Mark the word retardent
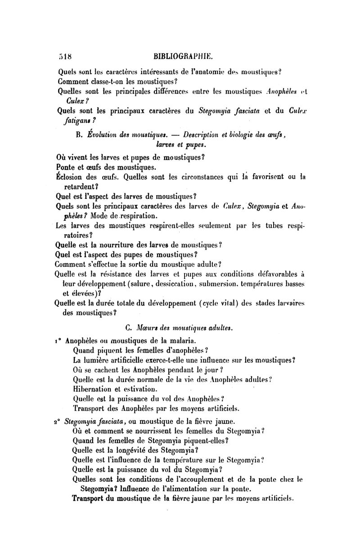point(80,186)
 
